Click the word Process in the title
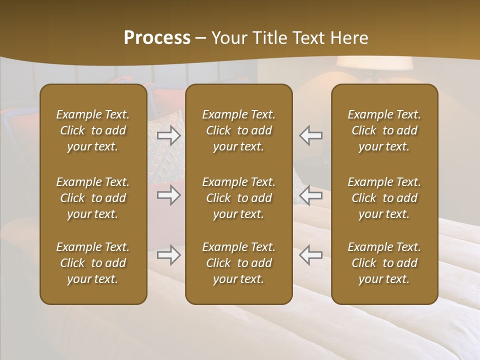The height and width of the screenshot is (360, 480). point(157,38)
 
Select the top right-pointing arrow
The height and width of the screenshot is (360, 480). point(168,135)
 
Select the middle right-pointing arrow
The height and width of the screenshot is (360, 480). point(168,195)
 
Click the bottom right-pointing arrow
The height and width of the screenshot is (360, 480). point(168,255)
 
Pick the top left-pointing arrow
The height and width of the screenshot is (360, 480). point(310,135)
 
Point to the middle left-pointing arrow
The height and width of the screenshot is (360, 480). point(310,195)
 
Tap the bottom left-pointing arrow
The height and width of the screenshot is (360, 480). point(310,255)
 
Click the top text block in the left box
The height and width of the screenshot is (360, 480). point(93,130)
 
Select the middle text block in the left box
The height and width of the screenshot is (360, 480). point(93,198)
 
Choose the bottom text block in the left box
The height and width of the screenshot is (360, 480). point(93,263)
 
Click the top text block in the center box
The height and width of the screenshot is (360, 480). point(238,130)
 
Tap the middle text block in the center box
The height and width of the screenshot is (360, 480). point(238,198)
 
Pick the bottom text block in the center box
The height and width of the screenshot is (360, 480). point(238,263)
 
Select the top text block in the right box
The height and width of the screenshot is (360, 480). point(384,130)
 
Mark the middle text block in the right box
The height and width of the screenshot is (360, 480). point(384,198)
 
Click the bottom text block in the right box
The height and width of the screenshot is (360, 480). point(384,263)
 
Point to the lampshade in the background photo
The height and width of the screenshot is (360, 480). point(374,63)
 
